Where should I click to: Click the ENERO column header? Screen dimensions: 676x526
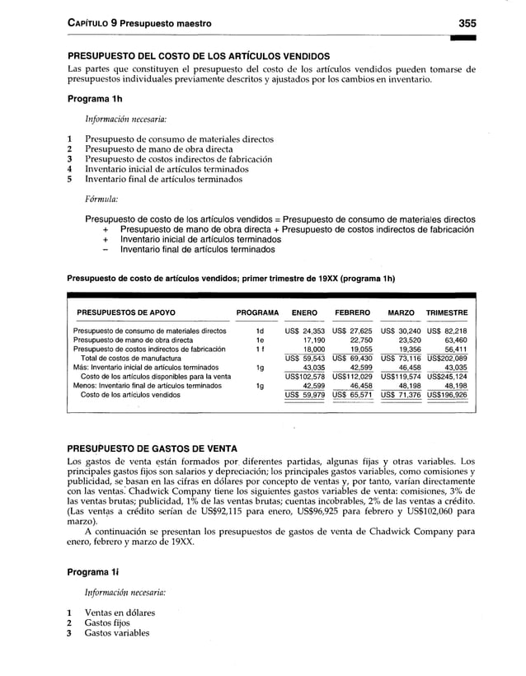(303, 313)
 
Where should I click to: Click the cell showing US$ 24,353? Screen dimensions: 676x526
(303, 331)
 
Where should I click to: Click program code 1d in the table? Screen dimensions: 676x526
(257, 331)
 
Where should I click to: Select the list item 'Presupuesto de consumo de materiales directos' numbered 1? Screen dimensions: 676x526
(180, 138)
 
